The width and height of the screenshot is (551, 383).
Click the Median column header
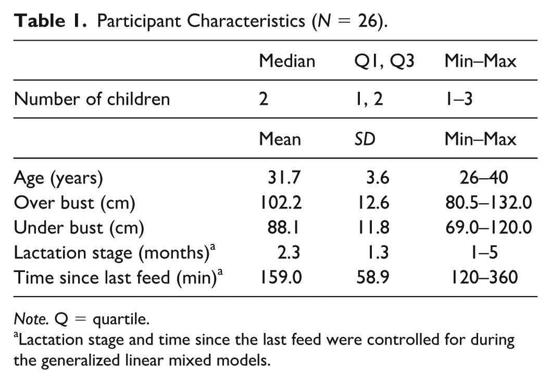click(287, 61)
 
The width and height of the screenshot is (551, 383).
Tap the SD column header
click(365, 139)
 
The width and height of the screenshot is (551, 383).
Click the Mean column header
click(280, 139)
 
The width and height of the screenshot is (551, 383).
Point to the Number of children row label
click(92, 99)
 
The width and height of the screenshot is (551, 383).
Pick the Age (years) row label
click(58, 178)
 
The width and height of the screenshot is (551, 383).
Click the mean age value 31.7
click(284, 177)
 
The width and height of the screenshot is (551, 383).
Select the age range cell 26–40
click(483, 177)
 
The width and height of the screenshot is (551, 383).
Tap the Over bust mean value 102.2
click(280, 203)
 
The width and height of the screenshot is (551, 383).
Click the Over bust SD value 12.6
click(373, 203)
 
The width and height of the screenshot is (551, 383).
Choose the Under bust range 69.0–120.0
click(489, 228)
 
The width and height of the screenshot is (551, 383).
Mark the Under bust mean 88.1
click(283, 228)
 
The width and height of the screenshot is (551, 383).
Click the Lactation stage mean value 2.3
click(289, 253)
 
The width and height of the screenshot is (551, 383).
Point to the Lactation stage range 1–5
click(484, 253)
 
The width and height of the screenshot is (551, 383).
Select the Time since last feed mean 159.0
click(280, 278)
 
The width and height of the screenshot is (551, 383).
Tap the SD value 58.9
click(373, 278)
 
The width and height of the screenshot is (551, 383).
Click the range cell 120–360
click(484, 278)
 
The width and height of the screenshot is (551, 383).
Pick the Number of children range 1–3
click(459, 99)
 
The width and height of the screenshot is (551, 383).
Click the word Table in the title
click(40, 21)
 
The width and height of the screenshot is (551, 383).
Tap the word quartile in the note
click(121, 320)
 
